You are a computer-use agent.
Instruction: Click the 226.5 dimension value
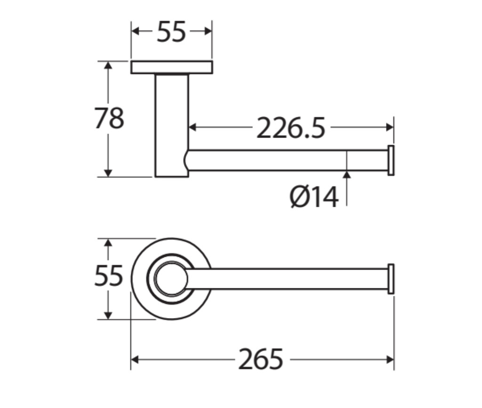coord(290,128)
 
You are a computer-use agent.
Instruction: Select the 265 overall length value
coord(261,359)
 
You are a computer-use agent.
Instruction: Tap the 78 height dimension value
coord(109,118)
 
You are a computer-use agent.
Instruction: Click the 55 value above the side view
coord(171,32)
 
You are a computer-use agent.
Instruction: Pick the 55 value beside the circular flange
coord(109,276)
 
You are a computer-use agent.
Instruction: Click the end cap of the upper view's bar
coord(391,160)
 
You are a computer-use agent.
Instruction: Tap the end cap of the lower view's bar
coord(391,279)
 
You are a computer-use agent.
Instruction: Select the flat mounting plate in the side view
coord(171,67)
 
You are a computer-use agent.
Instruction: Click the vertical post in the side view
coord(171,125)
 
